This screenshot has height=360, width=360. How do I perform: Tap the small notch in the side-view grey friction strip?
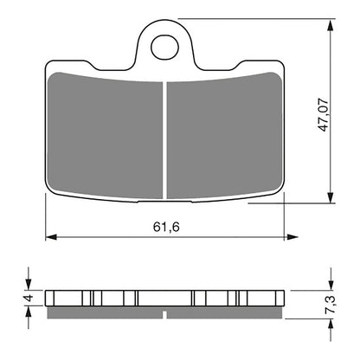[x=164, y=309]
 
